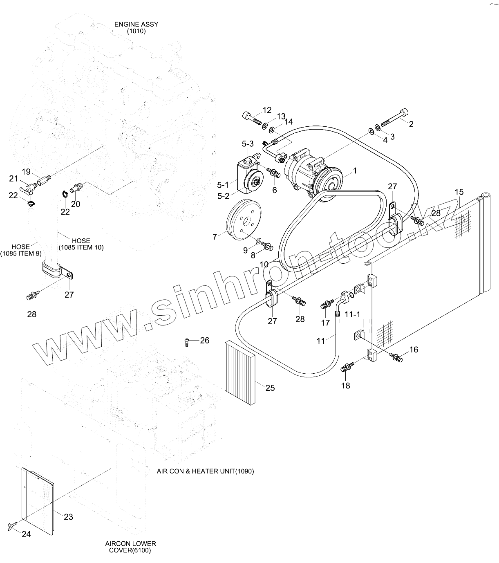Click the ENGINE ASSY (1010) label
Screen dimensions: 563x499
coord(136,27)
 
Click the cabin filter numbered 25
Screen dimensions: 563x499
coord(240,372)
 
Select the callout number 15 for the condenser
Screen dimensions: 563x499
coord(459,192)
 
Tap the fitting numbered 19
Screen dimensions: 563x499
coord(43,179)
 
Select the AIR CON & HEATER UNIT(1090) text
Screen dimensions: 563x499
coord(205,471)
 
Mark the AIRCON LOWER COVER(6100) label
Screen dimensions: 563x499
coord(130,547)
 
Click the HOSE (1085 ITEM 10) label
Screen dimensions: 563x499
coord(81,244)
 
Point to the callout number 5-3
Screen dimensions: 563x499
coord(248,144)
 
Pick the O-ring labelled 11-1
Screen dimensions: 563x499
coord(351,296)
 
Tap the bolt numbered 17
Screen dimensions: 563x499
coord(326,304)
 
